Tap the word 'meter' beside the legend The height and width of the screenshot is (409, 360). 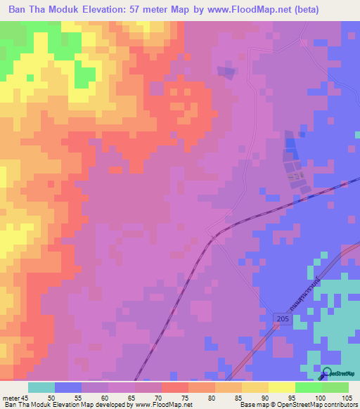tap(11, 398)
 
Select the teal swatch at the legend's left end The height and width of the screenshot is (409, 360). tap(41, 387)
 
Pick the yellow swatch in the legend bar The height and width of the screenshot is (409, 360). tap(255, 387)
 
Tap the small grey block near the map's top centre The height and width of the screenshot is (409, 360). tap(226, 72)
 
